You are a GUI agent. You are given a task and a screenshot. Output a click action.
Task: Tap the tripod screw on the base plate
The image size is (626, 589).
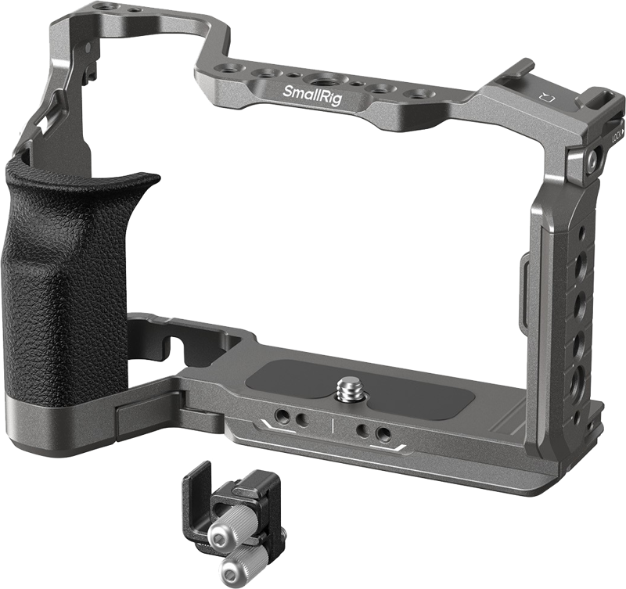[347, 388]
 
